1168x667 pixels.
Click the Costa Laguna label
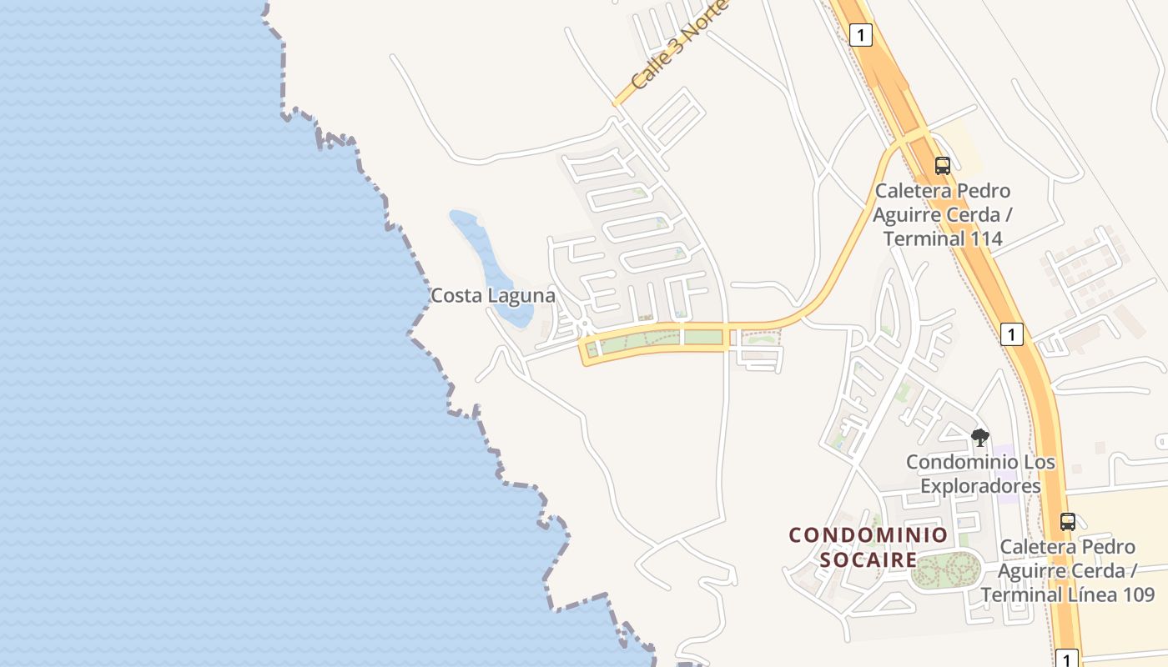492,295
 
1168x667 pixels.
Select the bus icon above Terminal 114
942,166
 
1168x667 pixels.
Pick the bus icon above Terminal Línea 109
1067,522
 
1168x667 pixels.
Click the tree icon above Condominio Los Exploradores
979,437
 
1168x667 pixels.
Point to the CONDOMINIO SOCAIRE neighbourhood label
868,547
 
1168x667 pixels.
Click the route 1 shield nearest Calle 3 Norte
861,35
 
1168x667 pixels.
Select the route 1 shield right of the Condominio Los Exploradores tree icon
1011,334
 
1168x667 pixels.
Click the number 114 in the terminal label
985,239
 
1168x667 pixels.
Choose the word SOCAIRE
868,559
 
